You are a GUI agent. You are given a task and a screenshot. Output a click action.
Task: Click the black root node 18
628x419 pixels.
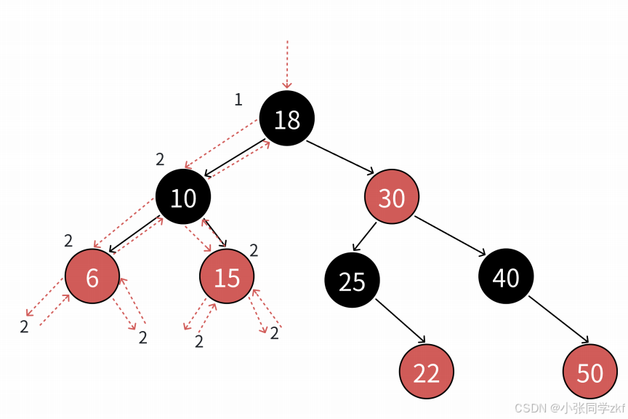coord(287,119)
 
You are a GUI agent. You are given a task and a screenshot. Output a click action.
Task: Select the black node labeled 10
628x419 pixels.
coord(183,197)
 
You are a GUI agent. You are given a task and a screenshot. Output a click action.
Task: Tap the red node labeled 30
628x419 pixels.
coord(392,197)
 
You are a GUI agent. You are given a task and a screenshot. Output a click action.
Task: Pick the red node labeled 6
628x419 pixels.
coord(92,276)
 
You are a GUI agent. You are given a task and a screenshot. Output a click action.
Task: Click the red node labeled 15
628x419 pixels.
coord(228,276)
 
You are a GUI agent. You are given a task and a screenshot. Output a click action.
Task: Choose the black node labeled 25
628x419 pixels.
coord(352,281)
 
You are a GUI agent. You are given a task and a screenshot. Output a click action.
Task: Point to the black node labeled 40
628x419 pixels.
coord(506,276)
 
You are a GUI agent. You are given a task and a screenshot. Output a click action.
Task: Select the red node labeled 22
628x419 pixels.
coord(427,372)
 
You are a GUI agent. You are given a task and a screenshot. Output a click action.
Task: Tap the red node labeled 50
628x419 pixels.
coord(589,372)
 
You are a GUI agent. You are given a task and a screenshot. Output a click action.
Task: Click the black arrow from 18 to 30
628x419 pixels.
coord(339,157)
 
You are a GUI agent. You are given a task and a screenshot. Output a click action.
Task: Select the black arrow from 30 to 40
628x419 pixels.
coord(451,234)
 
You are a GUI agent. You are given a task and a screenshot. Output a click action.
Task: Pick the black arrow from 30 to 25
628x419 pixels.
coord(364,236)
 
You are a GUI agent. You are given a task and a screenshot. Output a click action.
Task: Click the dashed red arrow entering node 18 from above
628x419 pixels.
coord(287,65)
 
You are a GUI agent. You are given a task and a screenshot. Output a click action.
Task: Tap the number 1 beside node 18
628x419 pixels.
coord(238,100)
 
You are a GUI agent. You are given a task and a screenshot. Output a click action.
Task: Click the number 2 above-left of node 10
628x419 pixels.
coord(160,159)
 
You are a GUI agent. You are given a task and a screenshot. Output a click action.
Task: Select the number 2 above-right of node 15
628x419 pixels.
coord(254,251)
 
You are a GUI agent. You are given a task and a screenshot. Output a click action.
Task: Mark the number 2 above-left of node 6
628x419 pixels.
coord(68,241)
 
